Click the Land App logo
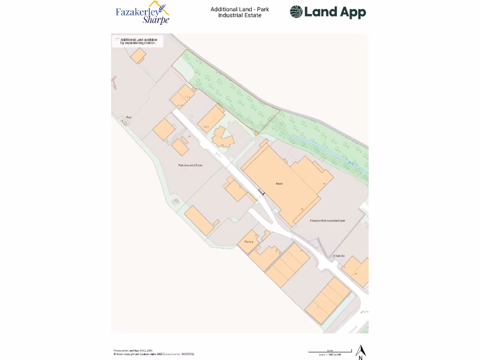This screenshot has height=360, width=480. [x=328, y=12]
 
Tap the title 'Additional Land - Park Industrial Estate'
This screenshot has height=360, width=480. [x=240, y=12]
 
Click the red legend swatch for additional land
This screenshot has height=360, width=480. [x=117, y=40]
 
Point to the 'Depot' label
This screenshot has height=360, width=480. [x=279, y=184]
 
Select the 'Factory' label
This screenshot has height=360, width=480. [x=248, y=242]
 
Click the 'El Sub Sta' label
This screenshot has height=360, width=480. [x=338, y=256]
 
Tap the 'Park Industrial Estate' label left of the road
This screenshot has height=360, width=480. [x=190, y=165]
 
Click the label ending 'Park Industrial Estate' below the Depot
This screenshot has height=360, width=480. [x=327, y=220]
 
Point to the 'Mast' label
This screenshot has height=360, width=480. [x=128, y=117]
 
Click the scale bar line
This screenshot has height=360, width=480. [x=330, y=351]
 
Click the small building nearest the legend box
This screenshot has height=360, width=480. [x=138, y=55]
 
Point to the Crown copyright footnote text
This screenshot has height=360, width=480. [x=154, y=354]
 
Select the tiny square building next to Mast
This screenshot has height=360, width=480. [x=125, y=123]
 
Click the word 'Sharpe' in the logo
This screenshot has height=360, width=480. [x=156, y=20]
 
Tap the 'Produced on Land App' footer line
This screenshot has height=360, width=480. [x=133, y=351]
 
